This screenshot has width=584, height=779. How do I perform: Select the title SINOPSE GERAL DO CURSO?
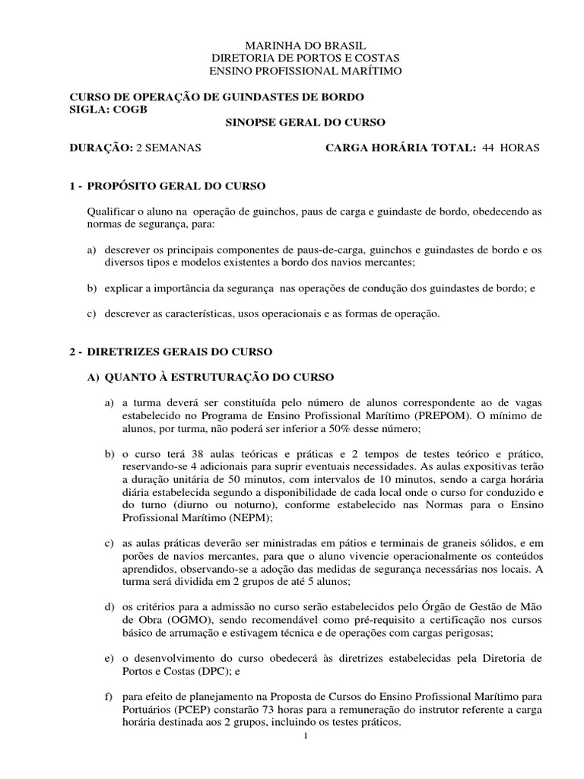(306, 122)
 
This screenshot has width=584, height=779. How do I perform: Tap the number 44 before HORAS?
(489, 148)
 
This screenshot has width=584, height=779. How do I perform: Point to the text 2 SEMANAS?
(168, 148)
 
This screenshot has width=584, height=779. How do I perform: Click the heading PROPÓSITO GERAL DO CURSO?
(176, 186)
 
